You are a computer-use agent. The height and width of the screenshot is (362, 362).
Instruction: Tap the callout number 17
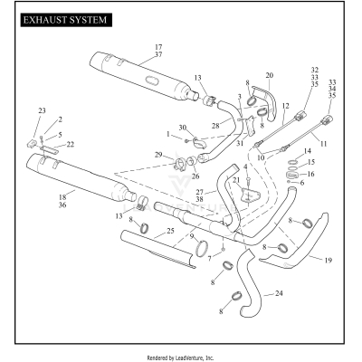point(158,46)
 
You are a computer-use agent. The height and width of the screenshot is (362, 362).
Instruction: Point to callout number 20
point(268,75)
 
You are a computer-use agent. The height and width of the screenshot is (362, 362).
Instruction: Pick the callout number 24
point(279,294)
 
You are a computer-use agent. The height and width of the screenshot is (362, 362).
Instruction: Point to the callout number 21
point(237,180)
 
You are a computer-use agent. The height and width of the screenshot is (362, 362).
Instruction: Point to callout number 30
point(182,128)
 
